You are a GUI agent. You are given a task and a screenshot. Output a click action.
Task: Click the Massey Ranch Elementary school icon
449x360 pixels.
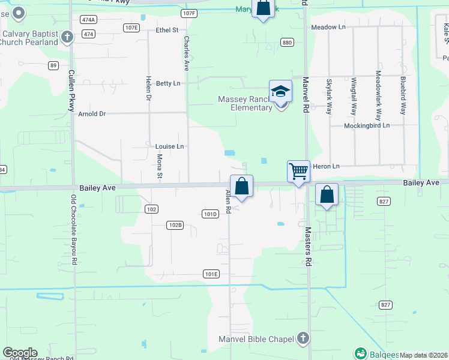280,92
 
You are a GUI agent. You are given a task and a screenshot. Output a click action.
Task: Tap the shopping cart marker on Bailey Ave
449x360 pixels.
298,172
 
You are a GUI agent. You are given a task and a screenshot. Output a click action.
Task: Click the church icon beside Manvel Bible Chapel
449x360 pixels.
304,339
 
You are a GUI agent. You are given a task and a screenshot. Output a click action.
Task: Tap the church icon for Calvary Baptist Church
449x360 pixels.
67,37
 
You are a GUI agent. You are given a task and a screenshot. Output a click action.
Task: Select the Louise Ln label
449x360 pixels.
169,146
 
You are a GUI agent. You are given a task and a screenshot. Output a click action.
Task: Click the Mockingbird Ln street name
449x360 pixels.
367,126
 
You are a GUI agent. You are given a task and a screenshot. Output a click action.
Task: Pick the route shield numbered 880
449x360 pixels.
287,42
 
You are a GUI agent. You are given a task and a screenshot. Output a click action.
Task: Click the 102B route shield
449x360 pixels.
175,225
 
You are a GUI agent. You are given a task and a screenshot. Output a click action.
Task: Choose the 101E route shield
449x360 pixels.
211,274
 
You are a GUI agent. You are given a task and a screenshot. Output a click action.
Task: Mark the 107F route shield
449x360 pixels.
188,13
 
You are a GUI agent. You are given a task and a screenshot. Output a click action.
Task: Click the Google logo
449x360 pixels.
20,353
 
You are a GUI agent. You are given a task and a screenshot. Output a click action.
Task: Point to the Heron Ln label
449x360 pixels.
327,166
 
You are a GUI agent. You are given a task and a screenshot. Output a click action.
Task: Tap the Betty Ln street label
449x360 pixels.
168,83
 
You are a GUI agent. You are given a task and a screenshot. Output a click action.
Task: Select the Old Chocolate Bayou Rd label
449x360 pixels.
74,230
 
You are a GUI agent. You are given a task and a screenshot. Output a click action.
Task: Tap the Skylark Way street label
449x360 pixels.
329,97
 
